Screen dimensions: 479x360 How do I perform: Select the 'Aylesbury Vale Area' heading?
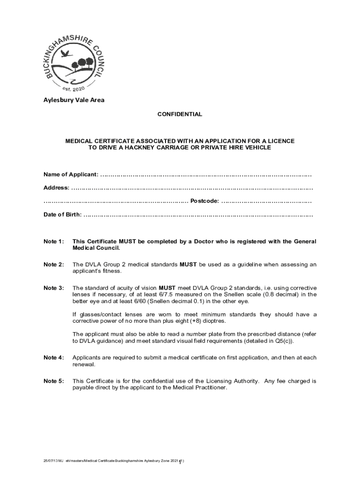coord(74,100)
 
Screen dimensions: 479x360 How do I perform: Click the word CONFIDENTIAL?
coord(180,114)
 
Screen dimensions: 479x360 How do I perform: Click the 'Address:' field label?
coord(57,188)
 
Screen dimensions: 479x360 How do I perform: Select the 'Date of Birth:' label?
coord(63,215)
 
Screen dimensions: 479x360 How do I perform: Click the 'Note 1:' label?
coord(54,241)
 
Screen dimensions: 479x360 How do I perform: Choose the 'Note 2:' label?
coord(54,265)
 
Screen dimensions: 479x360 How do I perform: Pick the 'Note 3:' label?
coord(54,288)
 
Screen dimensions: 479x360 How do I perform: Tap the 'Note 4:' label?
coord(54,358)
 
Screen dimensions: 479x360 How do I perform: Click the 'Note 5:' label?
coord(54,381)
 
